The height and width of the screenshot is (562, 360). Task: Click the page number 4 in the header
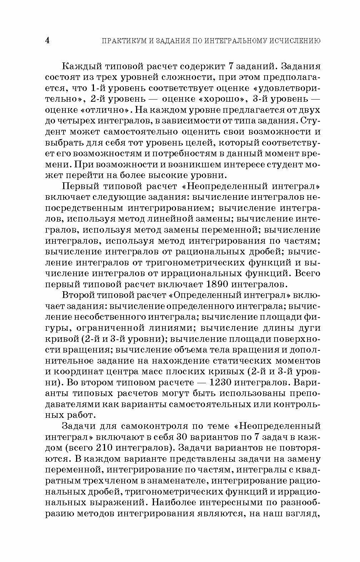47,40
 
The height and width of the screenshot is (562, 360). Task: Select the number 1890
221,284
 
